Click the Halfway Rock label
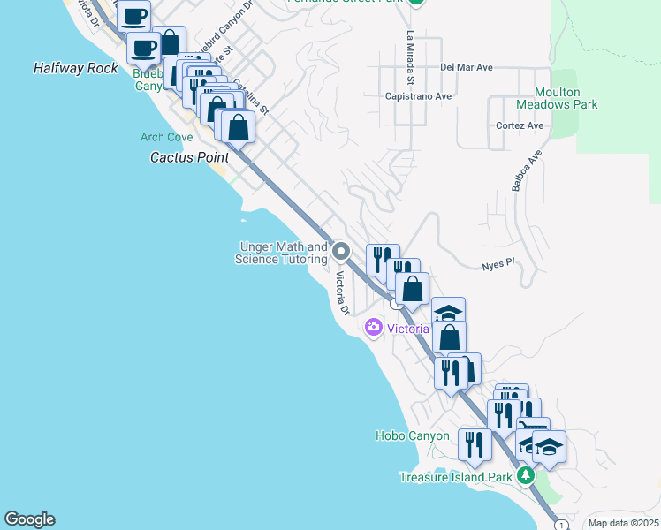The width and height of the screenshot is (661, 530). tap(75, 68)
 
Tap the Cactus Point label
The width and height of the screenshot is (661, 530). tap(189, 157)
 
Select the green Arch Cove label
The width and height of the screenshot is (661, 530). tap(166, 137)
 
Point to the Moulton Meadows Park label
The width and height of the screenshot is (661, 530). tap(566, 98)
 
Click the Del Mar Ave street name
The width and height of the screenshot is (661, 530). tap(466, 67)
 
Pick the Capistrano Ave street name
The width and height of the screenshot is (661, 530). tap(419, 96)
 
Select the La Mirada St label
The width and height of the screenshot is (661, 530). tap(410, 52)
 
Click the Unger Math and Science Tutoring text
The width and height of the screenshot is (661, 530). tap(281, 254)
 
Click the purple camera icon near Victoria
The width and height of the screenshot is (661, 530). tap(373, 329)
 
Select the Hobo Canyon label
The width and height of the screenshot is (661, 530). tap(412, 435)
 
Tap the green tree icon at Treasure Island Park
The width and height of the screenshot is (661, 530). tap(526, 476)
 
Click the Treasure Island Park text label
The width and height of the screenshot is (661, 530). tap(455, 477)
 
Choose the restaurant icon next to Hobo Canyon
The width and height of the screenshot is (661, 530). tap(475, 443)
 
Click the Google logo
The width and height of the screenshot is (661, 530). tap(29, 519)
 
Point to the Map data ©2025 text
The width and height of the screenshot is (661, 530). tap(623, 523)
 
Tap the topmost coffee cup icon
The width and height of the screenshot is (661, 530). tap(133, 15)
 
